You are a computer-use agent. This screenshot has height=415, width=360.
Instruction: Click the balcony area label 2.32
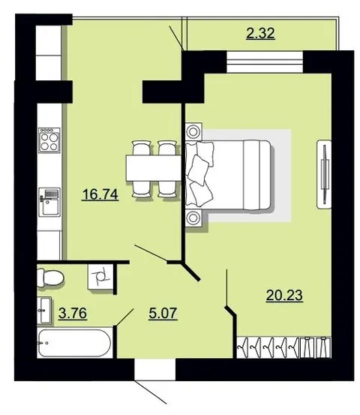(260, 34)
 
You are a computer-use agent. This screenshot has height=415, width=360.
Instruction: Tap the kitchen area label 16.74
(100, 194)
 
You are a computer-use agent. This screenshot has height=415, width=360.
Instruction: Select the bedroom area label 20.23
(284, 295)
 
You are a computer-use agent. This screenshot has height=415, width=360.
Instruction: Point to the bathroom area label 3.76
(73, 314)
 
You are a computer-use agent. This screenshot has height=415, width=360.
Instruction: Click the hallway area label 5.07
(163, 314)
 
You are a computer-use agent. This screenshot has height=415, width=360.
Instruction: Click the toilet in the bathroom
(50, 278)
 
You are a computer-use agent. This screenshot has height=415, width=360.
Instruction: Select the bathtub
(74, 343)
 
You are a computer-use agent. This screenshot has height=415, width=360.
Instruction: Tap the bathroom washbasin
(44, 310)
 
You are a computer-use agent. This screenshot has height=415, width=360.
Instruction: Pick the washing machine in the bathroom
(100, 277)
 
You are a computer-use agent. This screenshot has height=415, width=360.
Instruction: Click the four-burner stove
(49, 140)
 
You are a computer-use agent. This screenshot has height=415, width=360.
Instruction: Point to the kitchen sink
(49, 202)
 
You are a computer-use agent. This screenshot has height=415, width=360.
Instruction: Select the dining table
(154, 168)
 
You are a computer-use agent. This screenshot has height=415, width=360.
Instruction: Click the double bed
(228, 175)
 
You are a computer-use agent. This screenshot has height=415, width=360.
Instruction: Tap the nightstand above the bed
(194, 131)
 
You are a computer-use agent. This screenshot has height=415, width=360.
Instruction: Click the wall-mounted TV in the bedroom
(324, 174)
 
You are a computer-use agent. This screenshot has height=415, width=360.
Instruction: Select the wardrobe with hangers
(283, 347)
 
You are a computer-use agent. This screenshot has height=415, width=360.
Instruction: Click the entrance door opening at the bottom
(155, 369)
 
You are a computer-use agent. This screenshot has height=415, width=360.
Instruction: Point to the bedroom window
(265, 62)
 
